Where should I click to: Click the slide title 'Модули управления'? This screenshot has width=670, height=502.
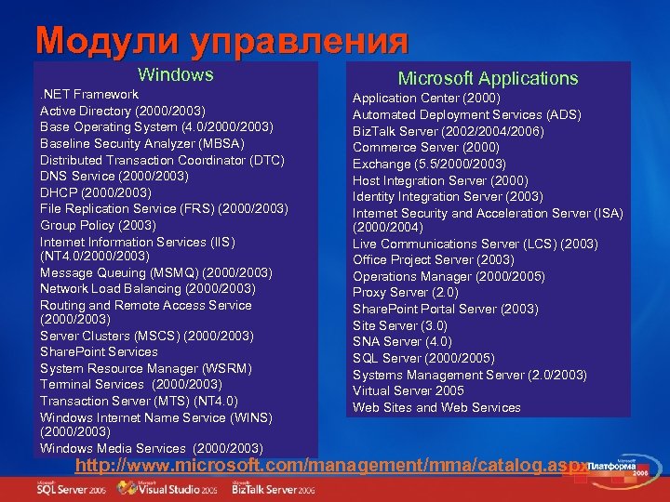click(221, 40)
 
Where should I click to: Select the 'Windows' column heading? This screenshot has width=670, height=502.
click(175, 74)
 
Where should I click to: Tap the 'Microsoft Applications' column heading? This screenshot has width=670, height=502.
click(488, 78)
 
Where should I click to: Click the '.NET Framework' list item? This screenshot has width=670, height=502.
click(89, 95)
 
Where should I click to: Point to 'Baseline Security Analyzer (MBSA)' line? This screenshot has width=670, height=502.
click(142, 143)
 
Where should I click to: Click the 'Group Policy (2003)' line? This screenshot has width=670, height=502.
click(98, 225)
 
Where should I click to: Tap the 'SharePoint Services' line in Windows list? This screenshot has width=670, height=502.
click(99, 351)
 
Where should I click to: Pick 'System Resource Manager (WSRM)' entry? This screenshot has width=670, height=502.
click(145, 368)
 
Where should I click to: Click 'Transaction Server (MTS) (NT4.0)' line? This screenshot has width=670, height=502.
click(140, 401)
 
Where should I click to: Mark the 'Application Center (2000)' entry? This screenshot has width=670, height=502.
click(426, 98)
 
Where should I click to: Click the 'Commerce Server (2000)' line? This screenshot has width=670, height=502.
click(425, 147)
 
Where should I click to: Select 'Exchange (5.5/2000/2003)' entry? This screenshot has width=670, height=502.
click(429, 164)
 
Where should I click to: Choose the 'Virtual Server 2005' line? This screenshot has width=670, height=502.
click(408, 390)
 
